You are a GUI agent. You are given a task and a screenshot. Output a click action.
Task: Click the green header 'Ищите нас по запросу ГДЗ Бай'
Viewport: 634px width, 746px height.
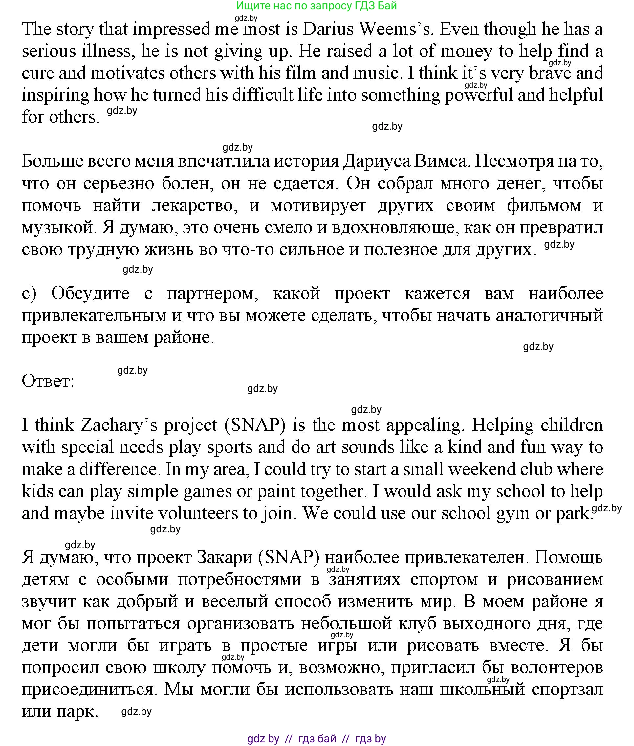(x=316, y=6)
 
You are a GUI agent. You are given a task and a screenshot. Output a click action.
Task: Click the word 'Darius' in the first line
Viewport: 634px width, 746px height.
(x=328, y=29)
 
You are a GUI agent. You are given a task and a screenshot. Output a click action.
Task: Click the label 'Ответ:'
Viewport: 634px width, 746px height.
(x=48, y=381)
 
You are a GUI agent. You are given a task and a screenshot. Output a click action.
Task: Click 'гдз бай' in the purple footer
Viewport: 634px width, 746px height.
(x=317, y=738)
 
